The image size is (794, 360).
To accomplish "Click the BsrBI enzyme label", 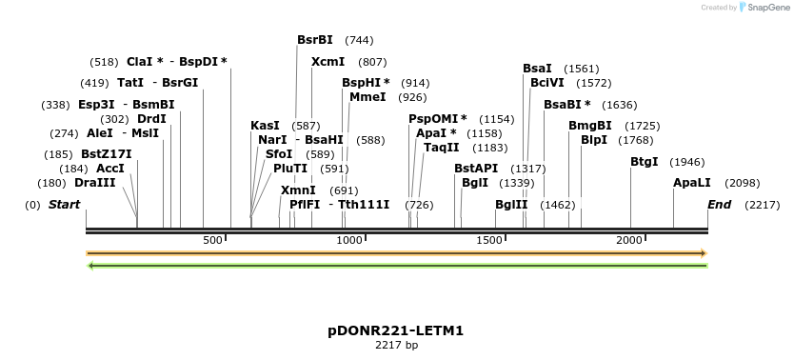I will click(x=315, y=40).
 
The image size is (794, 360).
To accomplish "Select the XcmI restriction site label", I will click(x=328, y=61).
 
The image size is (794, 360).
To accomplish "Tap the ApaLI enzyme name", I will click(x=691, y=182).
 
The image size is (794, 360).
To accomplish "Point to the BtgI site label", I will click(x=644, y=161).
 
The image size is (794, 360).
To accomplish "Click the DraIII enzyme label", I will click(x=94, y=182).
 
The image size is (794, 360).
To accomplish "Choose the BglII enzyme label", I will click(x=511, y=204).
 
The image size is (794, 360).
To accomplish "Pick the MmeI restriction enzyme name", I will click(x=367, y=97).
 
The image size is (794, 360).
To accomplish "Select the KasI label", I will click(x=265, y=125).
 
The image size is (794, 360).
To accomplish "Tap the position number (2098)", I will click(x=743, y=183).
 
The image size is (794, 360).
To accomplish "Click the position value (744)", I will click(x=359, y=41).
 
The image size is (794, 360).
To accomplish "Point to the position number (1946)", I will click(x=687, y=162).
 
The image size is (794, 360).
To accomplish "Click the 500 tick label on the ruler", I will click(x=212, y=240).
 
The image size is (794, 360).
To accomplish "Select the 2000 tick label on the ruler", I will click(x=628, y=240).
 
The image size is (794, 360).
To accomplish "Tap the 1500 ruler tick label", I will click(x=490, y=240).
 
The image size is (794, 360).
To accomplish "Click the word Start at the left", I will click(x=64, y=204).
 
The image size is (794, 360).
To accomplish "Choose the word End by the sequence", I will click(x=720, y=204).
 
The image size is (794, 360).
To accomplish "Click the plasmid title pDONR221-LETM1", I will click(x=396, y=330).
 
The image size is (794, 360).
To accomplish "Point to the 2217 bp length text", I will click(x=396, y=345).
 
